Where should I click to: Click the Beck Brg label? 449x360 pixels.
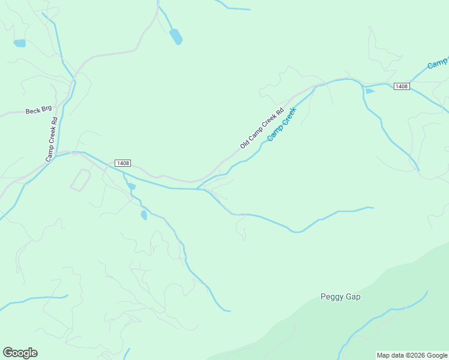pyautogui.click(x=39, y=111)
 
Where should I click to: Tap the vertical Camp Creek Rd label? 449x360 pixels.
pyautogui.click(x=52, y=139)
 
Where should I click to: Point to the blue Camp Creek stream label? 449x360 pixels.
pyautogui.click(x=282, y=124)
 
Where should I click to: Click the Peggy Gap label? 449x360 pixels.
pyautogui.click(x=340, y=296)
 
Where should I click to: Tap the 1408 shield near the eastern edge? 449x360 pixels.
pyautogui.click(x=402, y=86)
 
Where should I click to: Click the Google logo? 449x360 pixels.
pyautogui.click(x=20, y=353)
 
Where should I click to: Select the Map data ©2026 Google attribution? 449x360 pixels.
pyautogui.click(x=412, y=355)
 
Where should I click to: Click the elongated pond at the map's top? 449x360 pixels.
pyautogui.click(x=175, y=37)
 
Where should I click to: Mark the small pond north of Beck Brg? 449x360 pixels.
pyautogui.click(x=20, y=43)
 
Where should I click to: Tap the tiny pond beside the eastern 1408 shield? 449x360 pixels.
pyautogui.click(x=370, y=91)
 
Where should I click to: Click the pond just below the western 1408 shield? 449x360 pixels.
pyautogui.click(x=131, y=186)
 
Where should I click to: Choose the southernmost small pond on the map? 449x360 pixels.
pyautogui.click(x=143, y=215)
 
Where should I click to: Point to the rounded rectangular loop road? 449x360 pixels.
pyautogui.click(x=80, y=180)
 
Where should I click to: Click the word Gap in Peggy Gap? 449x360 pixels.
pyautogui.click(x=352, y=296)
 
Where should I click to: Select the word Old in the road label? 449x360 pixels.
pyautogui.click(x=244, y=143)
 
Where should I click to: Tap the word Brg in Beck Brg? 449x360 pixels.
pyautogui.click(x=47, y=110)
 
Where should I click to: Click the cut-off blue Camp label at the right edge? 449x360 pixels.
pyautogui.click(x=439, y=62)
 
